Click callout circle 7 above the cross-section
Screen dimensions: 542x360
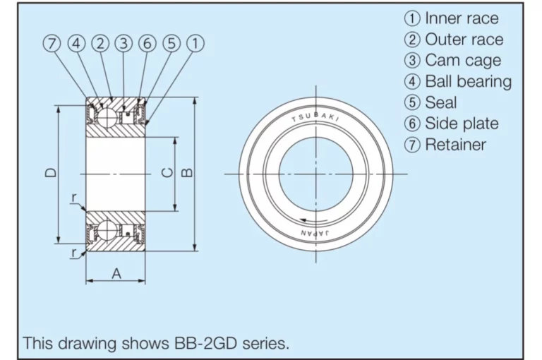tap(52, 44)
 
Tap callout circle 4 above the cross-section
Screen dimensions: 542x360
tap(76, 44)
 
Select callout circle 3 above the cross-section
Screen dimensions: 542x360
tap(124, 44)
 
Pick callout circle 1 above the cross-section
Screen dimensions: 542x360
tap(195, 44)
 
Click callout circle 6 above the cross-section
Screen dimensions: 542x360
tap(147, 44)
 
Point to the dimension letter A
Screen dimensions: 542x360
tap(116, 274)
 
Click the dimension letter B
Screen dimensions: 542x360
tap(187, 172)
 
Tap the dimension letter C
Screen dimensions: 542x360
tap(167, 172)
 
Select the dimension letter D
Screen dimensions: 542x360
tap(51, 172)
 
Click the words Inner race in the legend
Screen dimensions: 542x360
tap(462, 18)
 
